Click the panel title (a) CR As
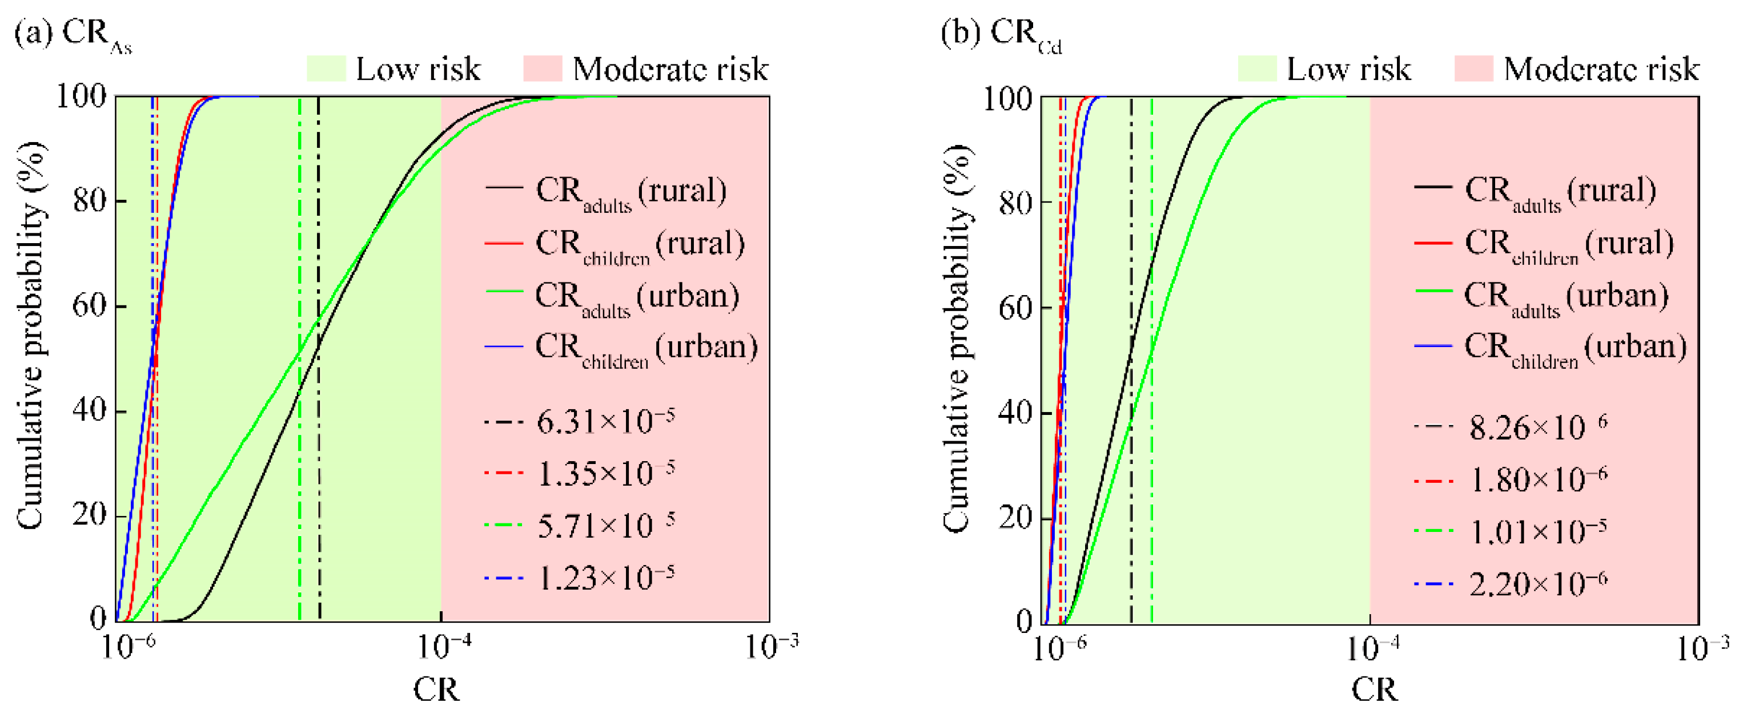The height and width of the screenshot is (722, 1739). (x=73, y=34)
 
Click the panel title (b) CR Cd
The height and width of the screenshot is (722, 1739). (x=1001, y=34)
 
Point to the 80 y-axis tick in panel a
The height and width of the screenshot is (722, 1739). (x=90, y=200)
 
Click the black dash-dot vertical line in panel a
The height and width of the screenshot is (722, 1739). (x=319, y=473)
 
